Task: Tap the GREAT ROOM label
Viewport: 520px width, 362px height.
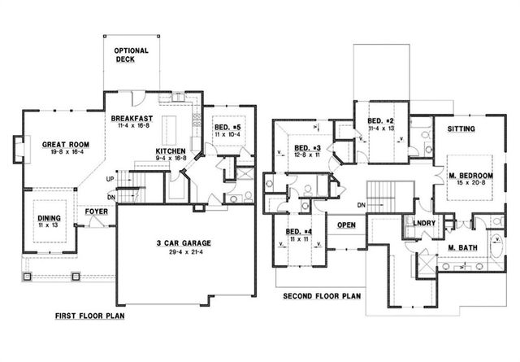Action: pos(65,145)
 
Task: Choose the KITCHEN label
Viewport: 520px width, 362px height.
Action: pos(171,151)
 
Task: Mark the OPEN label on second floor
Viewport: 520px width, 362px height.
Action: pos(346,225)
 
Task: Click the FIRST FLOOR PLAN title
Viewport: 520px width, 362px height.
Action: pos(90,315)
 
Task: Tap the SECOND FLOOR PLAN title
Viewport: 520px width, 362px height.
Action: pos(321,297)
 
